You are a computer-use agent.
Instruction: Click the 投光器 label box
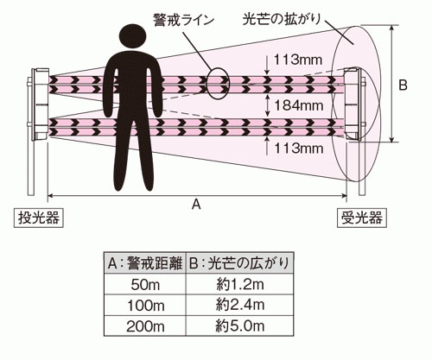click(x=39, y=218)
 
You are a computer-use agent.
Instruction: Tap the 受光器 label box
click(x=362, y=218)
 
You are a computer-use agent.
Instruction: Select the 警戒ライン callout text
click(x=183, y=21)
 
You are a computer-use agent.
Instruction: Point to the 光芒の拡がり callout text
click(x=282, y=19)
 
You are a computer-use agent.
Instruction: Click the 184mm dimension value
click(x=299, y=105)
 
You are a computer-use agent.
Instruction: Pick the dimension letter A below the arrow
click(x=196, y=205)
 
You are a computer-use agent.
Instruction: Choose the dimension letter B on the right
click(x=403, y=85)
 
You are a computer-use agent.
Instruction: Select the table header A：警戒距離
click(x=145, y=263)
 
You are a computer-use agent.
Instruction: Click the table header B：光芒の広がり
click(x=240, y=263)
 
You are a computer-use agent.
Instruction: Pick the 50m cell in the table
click(x=145, y=284)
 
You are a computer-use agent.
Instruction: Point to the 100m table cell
click(x=145, y=306)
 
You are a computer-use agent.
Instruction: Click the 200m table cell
click(x=145, y=326)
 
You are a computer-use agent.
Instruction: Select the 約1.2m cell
click(x=240, y=284)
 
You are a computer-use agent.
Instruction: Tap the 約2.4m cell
click(x=240, y=306)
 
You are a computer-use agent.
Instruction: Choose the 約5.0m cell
click(x=240, y=326)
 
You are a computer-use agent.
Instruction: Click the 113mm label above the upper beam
click(x=297, y=60)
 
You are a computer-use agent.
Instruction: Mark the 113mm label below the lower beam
click(x=298, y=148)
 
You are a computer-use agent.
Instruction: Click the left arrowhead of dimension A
click(x=49, y=196)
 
